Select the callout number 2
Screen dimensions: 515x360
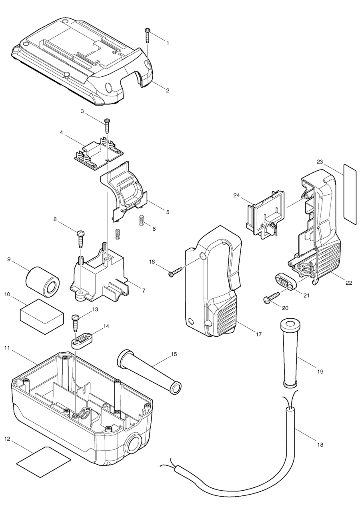click(x=168, y=90)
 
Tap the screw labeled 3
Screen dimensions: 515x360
click(x=107, y=126)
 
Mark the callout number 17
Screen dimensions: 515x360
click(x=259, y=334)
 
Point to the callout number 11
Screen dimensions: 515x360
click(x=7, y=348)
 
